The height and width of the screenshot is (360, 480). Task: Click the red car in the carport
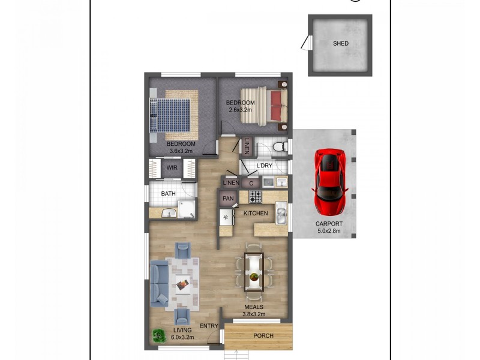[x=329, y=182]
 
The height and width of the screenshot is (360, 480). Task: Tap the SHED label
[x=340, y=43]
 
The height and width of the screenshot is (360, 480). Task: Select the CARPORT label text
[x=329, y=225]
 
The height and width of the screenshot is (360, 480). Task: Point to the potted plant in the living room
[x=158, y=336]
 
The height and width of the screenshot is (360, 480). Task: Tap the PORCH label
[x=263, y=336]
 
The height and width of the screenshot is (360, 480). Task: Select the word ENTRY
[x=209, y=326]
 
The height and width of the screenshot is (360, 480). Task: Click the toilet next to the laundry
[x=278, y=147]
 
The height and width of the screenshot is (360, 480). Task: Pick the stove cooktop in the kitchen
[x=254, y=196]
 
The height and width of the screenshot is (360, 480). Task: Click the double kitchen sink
[x=281, y=214]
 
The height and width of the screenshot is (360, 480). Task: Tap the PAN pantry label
[x=228, y=199]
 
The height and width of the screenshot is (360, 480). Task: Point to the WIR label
[x=172, y=168]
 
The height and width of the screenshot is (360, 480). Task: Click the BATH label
[x=168, y=193]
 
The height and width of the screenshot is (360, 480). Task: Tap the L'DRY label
[x=265, y=166]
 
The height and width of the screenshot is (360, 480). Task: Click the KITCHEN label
[x=255, y=214]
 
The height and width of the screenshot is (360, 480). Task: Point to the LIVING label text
[x=182, y=330]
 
